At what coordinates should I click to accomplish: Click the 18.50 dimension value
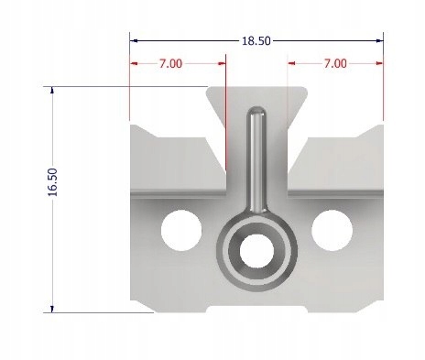pos(255,40)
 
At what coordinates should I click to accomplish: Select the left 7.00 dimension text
pos(170,63)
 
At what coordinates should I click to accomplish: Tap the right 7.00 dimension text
pos(334,63)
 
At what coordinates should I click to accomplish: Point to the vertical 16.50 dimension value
pos(52,182)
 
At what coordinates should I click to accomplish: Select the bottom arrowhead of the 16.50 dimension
pos(52,308)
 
